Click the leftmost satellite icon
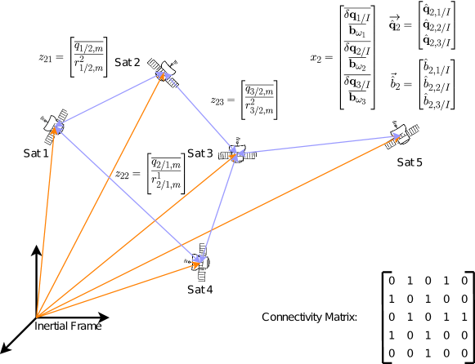coord(55,127)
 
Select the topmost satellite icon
coord(164,72)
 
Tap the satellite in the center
coord(236,153)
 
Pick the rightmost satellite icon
coord(401,135)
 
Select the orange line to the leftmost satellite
coord(46,220)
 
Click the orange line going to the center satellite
coord(135,236)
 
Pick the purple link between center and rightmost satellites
coord(319,144)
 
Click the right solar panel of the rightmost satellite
coord(416,129)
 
